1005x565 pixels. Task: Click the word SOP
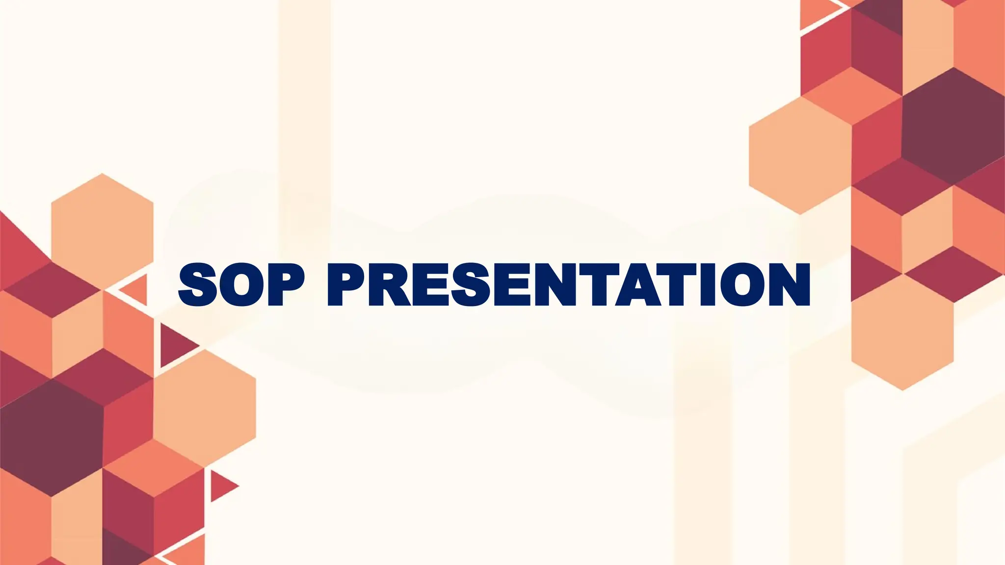tap(241, 284)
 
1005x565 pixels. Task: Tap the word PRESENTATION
tap(568, 284)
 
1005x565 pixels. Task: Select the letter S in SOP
tap(198, 284)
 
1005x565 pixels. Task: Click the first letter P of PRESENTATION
tap(346, 284)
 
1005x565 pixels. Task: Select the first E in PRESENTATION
tap(430, 284)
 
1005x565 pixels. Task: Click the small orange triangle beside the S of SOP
tap(136, 290)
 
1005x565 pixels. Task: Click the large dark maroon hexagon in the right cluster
tap(952, 127)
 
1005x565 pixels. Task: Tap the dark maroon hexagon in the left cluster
tap(52, 437)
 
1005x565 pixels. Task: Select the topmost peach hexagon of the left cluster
tap(102, 231)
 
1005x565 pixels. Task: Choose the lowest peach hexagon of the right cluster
tap(902, 333)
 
